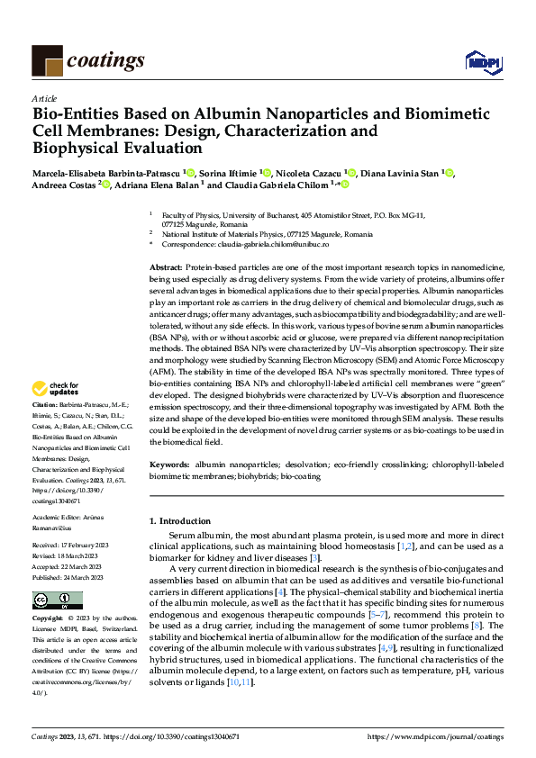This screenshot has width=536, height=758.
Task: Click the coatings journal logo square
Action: (x=47, y=60)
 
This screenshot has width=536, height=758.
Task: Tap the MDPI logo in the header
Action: (x=478, y=60)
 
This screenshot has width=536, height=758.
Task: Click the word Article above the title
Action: (x=44, y=98)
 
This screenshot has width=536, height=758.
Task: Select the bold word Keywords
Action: (x=168, y=464)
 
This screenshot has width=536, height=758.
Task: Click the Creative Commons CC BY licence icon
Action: (x=57, y=600)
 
